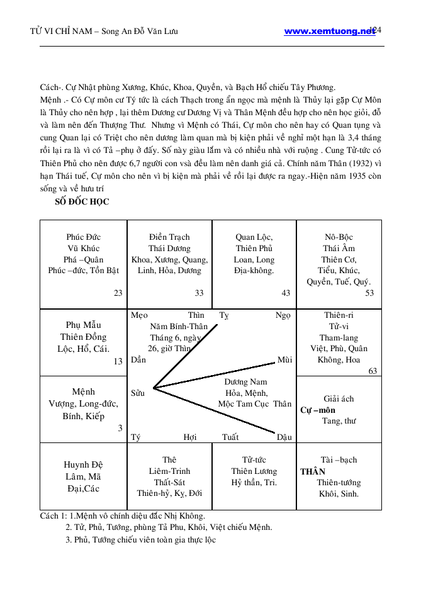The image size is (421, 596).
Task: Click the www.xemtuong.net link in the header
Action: point(328,31)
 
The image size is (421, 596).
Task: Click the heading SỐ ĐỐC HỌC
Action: point(83,201)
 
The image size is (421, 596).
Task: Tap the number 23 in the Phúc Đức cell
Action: point(118,293)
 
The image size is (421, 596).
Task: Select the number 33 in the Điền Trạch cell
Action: point(199,293)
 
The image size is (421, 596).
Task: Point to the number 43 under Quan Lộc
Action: point(286,293)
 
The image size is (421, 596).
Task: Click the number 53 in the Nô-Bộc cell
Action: point(369,293)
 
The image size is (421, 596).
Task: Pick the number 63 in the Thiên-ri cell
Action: point(373,371)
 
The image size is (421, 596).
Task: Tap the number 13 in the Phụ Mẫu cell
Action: point(118,361)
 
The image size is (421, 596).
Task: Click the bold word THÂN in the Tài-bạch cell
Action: point(313,471)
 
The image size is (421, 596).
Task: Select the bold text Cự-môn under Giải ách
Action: point(318,410)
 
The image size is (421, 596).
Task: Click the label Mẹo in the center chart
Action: point(139,315)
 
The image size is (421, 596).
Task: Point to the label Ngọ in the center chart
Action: point(283,315)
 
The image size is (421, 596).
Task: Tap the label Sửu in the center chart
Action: point(138,393)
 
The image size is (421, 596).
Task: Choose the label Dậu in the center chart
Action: point(284,437)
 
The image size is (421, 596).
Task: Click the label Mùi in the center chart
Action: point(284,360)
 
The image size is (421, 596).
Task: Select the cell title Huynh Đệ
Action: point(83,465)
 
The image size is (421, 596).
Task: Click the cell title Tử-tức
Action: point(254,460)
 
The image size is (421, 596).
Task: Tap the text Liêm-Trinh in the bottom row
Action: point(169,471)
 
